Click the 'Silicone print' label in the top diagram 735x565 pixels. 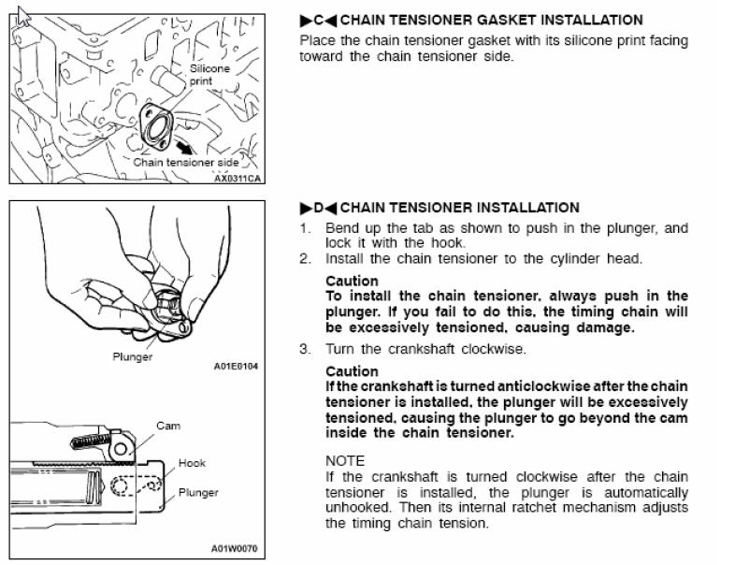click(x=209, y=75)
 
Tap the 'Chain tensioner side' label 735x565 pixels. click(x=186, y=163)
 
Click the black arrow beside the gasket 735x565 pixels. click(x=184, y=147)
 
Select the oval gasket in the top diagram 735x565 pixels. click(x=156, y=125)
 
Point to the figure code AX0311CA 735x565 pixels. click(x=238, y=179)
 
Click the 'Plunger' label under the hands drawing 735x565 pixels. click(x=133, y=356)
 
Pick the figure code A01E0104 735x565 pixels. click(x=236, y=366)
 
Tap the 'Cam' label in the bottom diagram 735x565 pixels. click(x=168, y=426)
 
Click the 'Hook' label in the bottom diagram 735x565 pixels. click(x=192, y=463)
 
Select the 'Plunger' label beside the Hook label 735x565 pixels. click(x=198, y=493)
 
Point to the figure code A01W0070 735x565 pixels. click(x=235, y=548)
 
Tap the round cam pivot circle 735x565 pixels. click(x=121, y=449)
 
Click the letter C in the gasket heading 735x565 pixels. click(x=319, y=21)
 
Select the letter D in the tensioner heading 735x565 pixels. click(x=319, y=208)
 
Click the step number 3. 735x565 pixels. click(x=305, y=349)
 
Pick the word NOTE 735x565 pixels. click(x=345, y=461)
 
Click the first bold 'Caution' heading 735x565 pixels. click(x=352, y=281)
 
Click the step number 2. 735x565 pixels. click(x=305, y=259)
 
